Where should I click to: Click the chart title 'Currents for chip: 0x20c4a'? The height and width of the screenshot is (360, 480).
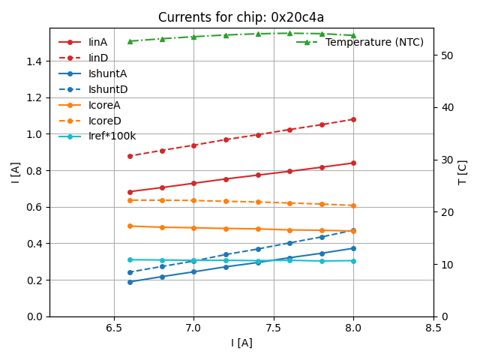241,17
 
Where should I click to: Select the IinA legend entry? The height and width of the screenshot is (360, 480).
97,42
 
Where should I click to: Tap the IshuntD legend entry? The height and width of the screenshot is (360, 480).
107,89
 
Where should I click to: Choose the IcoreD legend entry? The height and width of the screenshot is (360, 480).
104,121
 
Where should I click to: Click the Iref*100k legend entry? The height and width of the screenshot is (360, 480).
112,136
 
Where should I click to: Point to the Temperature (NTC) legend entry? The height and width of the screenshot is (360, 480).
374,42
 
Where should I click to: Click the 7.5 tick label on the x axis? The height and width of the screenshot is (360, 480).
273,328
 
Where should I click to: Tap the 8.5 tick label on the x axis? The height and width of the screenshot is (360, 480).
433,328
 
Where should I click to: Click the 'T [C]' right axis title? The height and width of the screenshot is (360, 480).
463,172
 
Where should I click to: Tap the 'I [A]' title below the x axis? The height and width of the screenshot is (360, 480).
241,343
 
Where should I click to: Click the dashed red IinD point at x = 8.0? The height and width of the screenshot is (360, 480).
353,119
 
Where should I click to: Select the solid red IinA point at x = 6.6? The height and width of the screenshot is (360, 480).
130,192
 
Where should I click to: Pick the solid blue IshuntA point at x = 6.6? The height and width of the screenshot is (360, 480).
130,282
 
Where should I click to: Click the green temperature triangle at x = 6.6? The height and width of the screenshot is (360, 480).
130,41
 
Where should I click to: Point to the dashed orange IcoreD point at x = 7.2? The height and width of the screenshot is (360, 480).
226,201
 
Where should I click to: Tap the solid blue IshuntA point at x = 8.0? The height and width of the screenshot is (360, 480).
353,248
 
